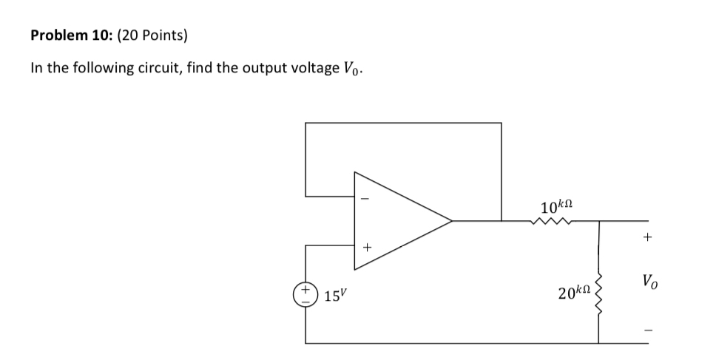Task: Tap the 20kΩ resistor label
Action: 575,294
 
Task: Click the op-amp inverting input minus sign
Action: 363,197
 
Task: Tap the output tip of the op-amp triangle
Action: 451,220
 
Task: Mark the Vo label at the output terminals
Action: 648,282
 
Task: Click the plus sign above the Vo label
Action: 648,238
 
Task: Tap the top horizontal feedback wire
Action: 403,123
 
